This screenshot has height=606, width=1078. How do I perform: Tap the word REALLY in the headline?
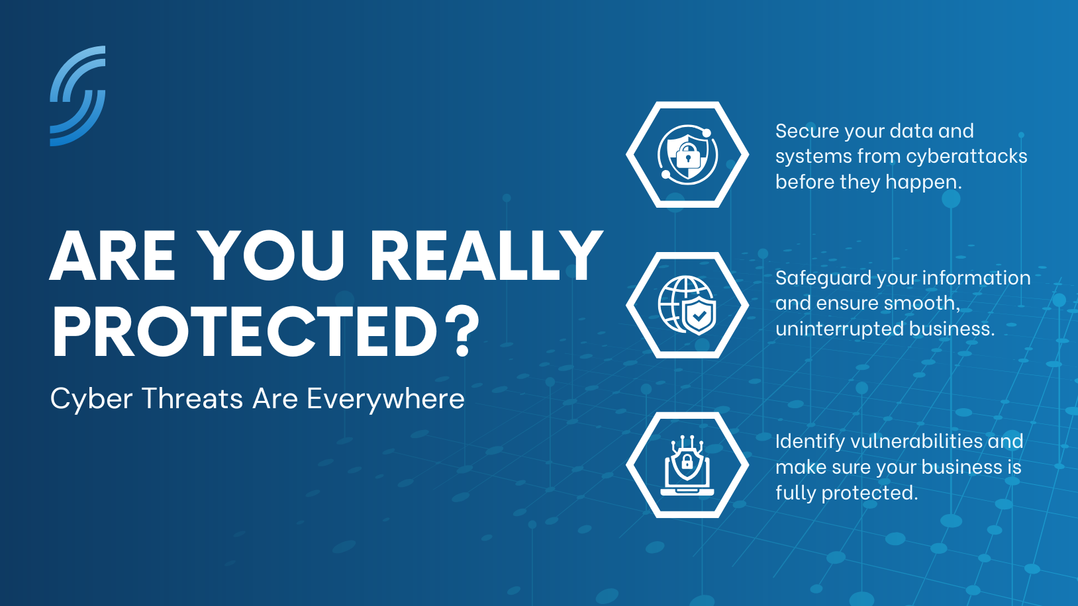coord(486,255)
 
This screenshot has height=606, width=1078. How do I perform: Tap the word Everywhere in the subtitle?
coord(385,399)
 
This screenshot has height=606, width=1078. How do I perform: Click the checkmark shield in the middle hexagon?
coord(699,316)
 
